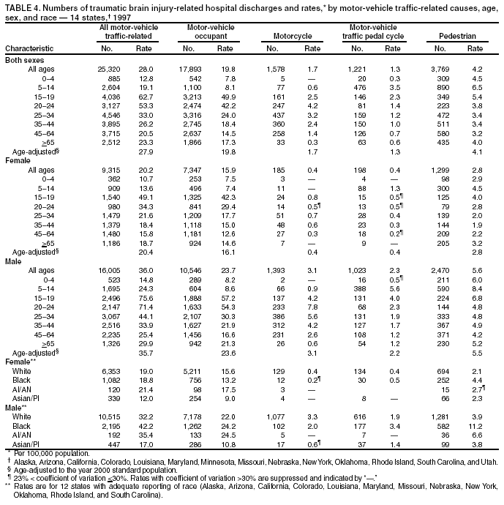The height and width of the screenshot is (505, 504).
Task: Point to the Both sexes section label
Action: pyautogui.click(x=26, y=59)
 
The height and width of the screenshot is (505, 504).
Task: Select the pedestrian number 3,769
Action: pyautogui.click(x=443, y=68)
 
